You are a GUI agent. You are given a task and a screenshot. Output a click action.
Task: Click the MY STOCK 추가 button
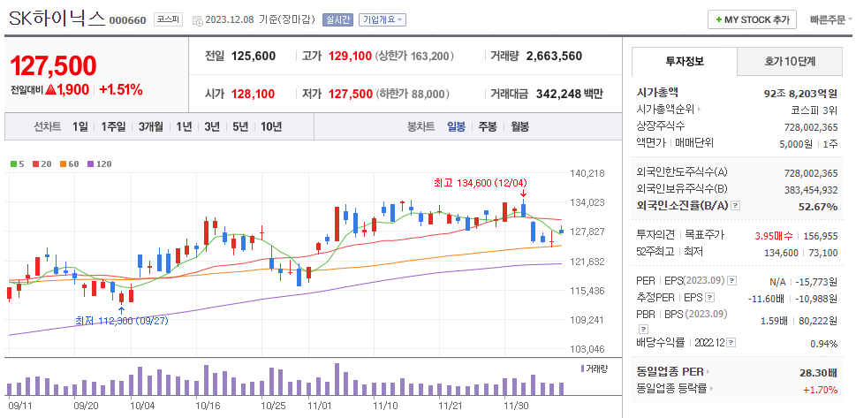tap(753, 19)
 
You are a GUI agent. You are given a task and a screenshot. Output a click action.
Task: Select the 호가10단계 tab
tap(790, 61)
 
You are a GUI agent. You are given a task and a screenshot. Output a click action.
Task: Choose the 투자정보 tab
tap(683, 61)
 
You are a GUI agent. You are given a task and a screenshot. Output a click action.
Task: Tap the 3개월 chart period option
tap(151, 126)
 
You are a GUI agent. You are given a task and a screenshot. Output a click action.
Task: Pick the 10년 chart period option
tap(271, 126)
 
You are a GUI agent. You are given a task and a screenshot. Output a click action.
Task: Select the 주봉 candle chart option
tap(488, 126)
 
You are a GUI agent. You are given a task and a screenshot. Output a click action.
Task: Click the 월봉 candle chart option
tap(519, 126)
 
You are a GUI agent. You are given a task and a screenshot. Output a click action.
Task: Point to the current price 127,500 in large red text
tap(53, 65)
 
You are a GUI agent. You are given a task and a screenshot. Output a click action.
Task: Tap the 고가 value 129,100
tap(350, 56)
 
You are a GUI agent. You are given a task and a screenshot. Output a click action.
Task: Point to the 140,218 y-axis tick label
tap(587, 173)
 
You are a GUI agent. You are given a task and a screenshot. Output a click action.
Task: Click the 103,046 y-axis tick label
tap(587, 349)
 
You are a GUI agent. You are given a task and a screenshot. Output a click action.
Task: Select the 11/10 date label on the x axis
tap(385, 406)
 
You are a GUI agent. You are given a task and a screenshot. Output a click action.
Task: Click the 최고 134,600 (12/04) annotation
tap(480, 183)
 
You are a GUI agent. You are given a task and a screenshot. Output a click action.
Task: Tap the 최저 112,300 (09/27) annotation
tap(121, 320)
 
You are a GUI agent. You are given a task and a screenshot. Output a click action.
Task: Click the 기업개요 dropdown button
tap(383, 19)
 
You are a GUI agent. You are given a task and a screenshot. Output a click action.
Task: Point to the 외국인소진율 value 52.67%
tap(817, 206)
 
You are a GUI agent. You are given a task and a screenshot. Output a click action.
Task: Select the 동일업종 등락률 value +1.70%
tap(820, 389)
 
